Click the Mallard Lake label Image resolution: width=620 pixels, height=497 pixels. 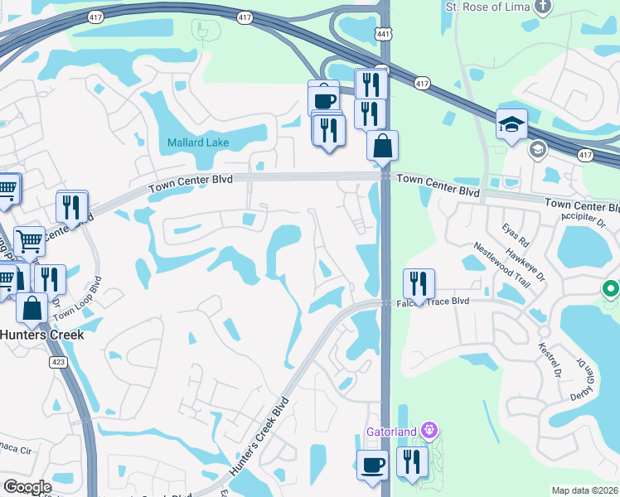click(x=198, y=142)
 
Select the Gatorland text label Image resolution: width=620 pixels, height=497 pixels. click(x=394, y=432)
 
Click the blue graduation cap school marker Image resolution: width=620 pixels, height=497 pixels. click(x=511, y=125)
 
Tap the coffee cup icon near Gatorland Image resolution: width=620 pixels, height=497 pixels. click(x=371, y=464)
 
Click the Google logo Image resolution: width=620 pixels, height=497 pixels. click(x=27, y=487)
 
